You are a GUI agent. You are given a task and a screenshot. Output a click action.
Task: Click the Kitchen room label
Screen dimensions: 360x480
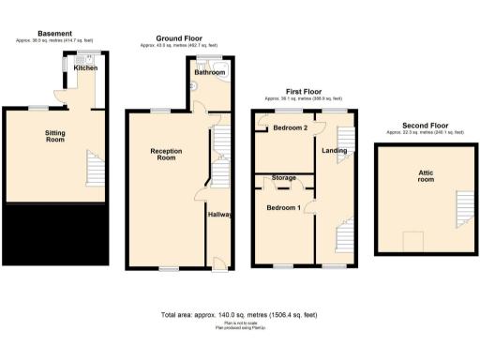(86, 67)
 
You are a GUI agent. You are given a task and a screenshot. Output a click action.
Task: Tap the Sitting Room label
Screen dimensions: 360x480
(55, 138)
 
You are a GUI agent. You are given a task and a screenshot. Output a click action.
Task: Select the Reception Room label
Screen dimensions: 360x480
(165, 154)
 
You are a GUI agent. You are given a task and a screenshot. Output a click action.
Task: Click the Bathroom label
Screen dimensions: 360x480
(208, 72)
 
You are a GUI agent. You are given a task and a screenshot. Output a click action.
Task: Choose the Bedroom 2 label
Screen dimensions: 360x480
(291, 127)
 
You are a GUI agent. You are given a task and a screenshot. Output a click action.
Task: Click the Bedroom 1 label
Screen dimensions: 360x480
(283, 207)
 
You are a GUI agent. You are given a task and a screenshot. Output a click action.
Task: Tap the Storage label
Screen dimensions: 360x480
(284, 177)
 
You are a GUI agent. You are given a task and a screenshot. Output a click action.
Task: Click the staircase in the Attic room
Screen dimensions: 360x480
(459, 214)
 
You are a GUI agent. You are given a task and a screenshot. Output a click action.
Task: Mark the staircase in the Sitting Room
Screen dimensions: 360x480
(94, 169)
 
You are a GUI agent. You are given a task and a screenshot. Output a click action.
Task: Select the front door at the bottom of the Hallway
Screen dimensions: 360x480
(218, 263)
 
